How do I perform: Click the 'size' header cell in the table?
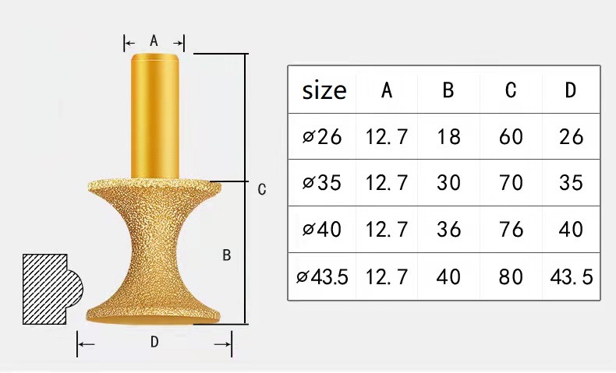[x=324, y=90]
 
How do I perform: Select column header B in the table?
[x=448, y=90]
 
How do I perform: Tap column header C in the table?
[x=511, y=90]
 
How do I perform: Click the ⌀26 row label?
[x=323, y=137]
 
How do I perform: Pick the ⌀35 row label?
[x=323, y=183]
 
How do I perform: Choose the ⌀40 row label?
[x=323, y=230]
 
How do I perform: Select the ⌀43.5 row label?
[x=323, y=276]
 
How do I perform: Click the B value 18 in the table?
[x=448, y=137]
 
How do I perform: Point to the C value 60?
[x=511, y=137]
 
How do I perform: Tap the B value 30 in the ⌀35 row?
[x=448, y=183]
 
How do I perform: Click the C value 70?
[x=511, y=183]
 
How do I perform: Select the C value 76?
[x=511, y=230]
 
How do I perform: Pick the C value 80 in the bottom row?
[x=511, y=276]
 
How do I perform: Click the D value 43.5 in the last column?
[x=572, y=276]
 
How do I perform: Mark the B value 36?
[x=448, y=230]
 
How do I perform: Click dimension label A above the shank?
[x=154, y=41]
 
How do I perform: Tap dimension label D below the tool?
[x=154, y=342]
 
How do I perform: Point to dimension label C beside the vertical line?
[x=262, y=189]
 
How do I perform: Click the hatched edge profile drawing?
[x=47, y=288]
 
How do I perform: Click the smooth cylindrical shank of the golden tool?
[x=157, y=117]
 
